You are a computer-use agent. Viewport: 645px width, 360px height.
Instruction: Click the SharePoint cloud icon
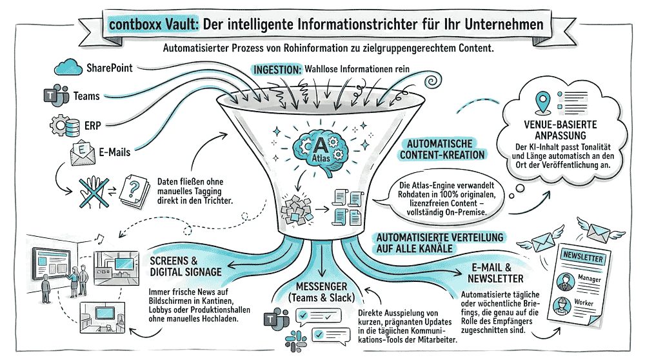[x=67, y=67]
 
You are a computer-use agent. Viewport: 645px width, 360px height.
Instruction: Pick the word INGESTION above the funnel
[x=277, y=69]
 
